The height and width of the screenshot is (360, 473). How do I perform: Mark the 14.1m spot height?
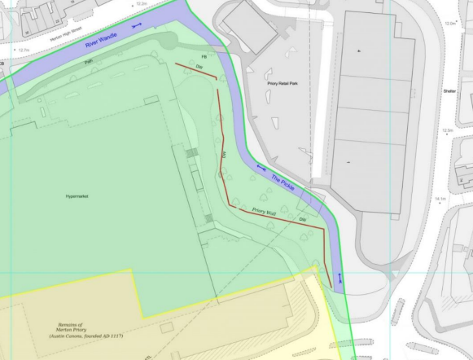[442, 198]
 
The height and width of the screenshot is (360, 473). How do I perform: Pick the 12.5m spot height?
[447, 130]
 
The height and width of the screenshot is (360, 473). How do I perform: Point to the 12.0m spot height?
[450, 24]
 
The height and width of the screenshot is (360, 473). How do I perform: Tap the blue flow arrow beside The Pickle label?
[261, 168]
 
